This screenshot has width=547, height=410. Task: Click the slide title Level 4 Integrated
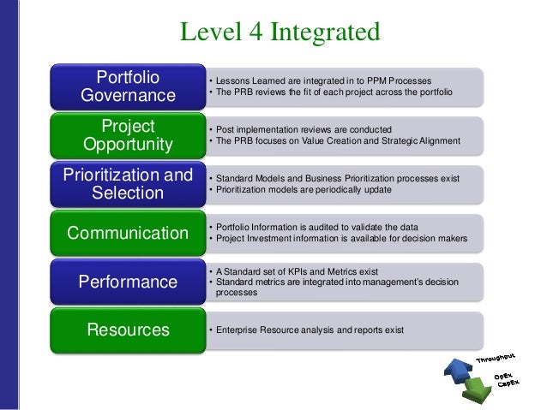[x=279, y=33]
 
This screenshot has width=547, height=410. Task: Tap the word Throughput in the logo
[x=496, y=356]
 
